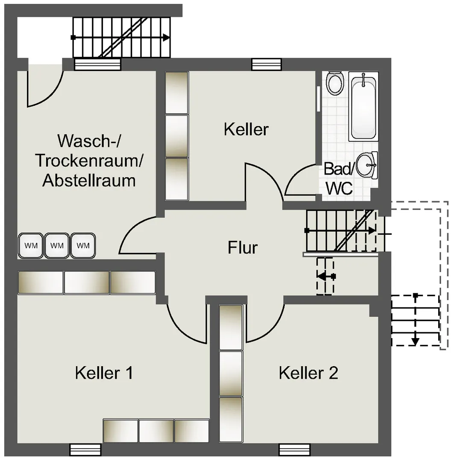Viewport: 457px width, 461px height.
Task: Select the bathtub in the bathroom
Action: coord(363,106)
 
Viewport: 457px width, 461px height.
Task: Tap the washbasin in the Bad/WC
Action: coord(366,165)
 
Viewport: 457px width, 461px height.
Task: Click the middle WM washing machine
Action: coord(57,245)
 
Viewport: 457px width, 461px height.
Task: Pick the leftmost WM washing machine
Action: coord(31,245)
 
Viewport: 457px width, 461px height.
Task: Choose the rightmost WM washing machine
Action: coord(83,245)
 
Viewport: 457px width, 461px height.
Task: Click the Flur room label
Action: coord(243,248)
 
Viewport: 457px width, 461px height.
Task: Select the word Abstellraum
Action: coord(89,180)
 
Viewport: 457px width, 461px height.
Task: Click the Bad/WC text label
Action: coord(339,178)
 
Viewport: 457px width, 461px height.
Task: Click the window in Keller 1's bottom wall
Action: coord(85,450)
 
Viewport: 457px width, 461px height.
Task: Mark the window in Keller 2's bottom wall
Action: coord(295,450)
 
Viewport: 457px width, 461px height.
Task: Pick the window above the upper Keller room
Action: coord(267,65)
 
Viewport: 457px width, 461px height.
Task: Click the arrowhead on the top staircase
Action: coord(167,38)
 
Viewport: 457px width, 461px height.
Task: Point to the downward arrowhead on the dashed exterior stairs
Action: coord(415,341)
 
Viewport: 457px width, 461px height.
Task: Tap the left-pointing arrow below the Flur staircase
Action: coord(326,276)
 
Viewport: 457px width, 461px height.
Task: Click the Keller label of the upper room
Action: coord(246,129)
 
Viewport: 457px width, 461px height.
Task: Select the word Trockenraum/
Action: coord(89,160)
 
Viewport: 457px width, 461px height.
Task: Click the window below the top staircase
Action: coord(97,64)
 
